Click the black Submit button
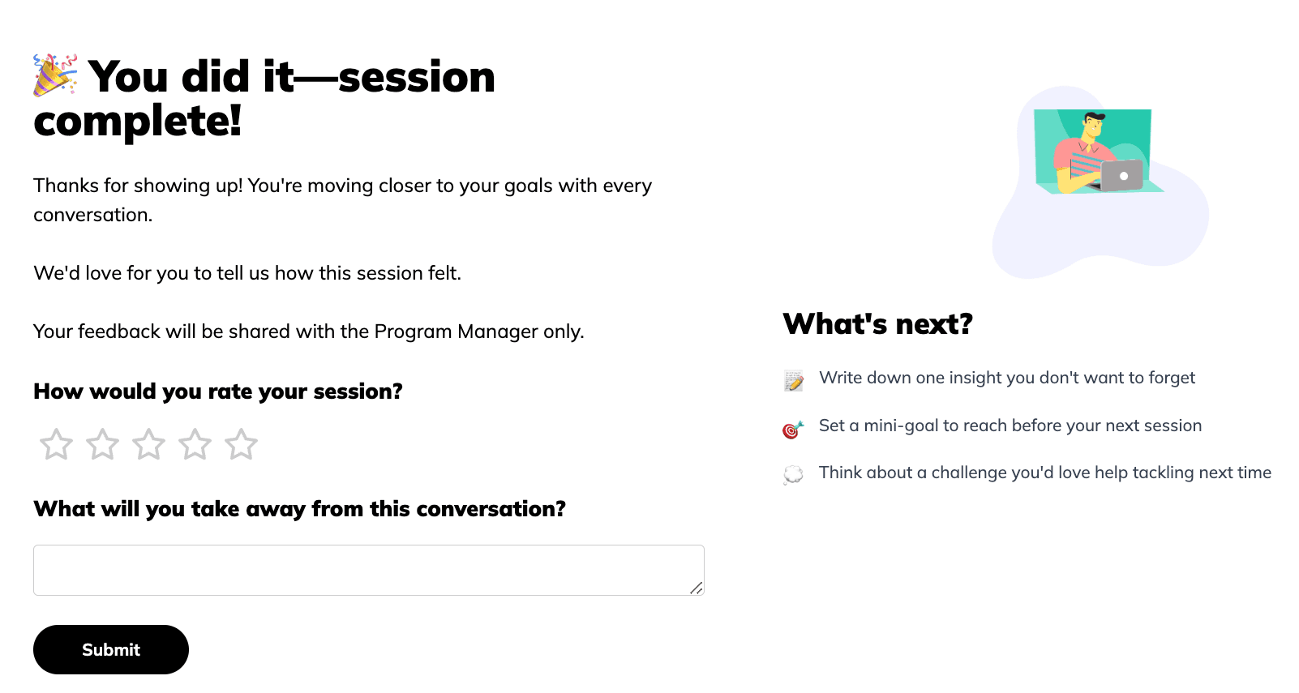pos(111,649)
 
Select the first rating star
pos(56,444)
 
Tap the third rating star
pos(148,444)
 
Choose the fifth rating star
pos(242,444)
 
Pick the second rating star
pos(102,444)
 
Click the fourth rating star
pos(195,444)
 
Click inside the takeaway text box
pos(369,570)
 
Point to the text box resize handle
pos(697,588)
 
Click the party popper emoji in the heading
pos(55,75)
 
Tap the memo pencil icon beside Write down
pos(793,381)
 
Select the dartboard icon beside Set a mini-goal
pos(793,430)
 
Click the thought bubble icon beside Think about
pos(793,474)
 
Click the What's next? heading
pos(877,323)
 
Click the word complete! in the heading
pos(137,122)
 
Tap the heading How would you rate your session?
pos(218,391)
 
